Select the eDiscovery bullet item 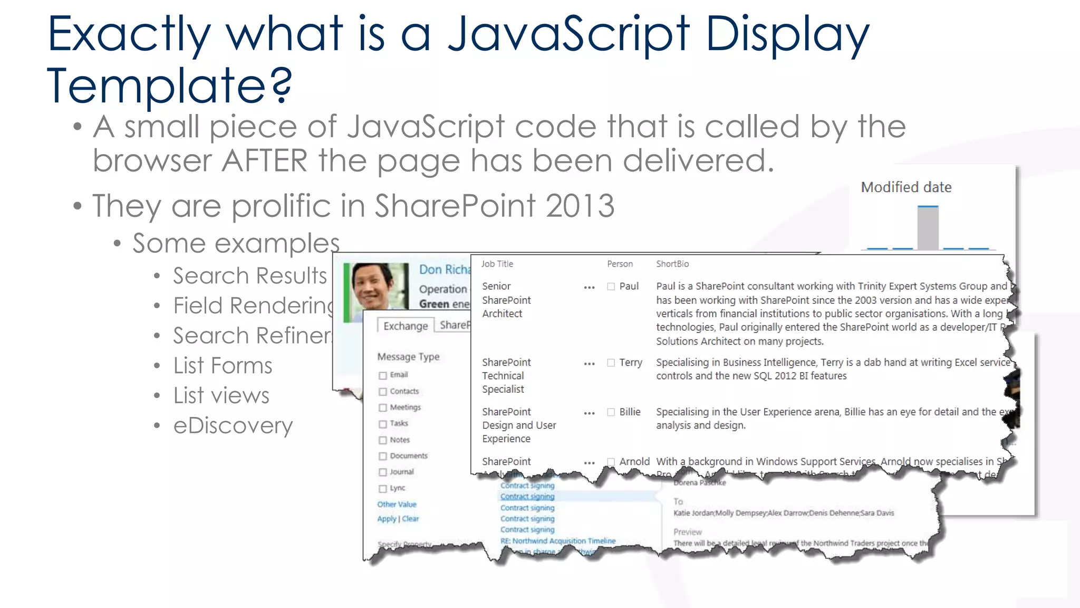[x=233, y=425]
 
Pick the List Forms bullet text [x=223, y=366]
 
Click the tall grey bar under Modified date [x=928, y=228]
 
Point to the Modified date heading [x=906, y=187]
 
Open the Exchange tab [x=405, y=326]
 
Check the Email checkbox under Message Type [x=383, y=375]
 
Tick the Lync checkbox [x=383, y=488]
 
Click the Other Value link [x=397, y=505]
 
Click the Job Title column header [x=497, y=264]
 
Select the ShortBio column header [x=672, y=264]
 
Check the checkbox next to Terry [x=611, y=363]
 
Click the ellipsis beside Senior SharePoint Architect [x=589, y=288]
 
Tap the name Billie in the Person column [x=630, y=412]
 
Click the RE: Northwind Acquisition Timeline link [x=557, y=541]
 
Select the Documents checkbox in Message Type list [x=383, y=456]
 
